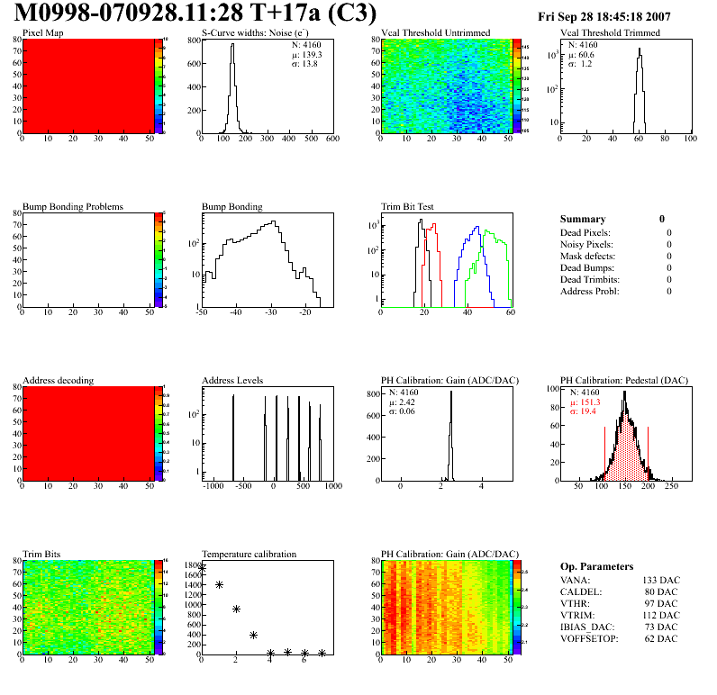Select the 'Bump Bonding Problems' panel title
pos(73,206)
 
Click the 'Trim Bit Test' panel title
pos(411,206)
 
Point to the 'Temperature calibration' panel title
pos(250,554)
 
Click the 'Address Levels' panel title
pos(233,380)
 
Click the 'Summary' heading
pos(583,219)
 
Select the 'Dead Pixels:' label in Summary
pos(585,232)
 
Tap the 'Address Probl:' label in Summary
pos(590,291)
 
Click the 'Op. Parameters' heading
pos(596,566)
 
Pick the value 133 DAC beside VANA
pos(660,580)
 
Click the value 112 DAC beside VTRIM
pos(660,615)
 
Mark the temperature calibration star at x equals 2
pos(236,609)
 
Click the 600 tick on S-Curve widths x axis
pos(331,140)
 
